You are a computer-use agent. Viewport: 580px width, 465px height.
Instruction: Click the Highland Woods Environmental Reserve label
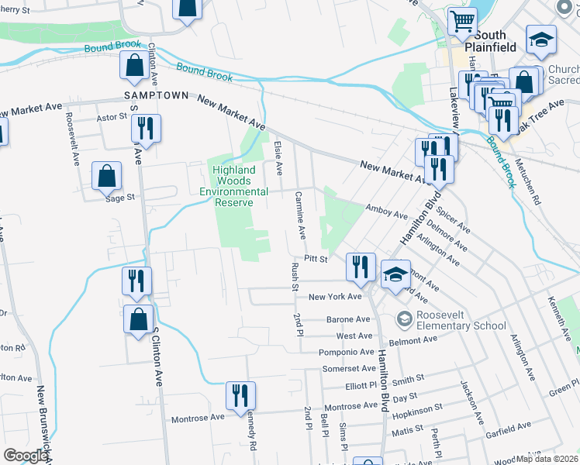233,186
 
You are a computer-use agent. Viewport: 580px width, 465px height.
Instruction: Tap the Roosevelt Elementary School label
451,320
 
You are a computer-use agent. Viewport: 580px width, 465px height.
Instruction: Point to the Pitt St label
316,258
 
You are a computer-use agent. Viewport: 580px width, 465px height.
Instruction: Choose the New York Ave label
335,297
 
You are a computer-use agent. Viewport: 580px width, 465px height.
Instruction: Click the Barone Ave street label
347,319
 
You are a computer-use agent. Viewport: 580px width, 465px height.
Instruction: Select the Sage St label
120,198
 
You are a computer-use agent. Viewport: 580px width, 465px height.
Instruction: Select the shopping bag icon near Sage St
106,176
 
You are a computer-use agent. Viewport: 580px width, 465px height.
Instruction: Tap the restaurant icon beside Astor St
145,127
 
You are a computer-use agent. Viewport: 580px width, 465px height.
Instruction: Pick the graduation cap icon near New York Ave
395,274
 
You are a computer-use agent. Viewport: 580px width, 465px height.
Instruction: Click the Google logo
26,456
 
